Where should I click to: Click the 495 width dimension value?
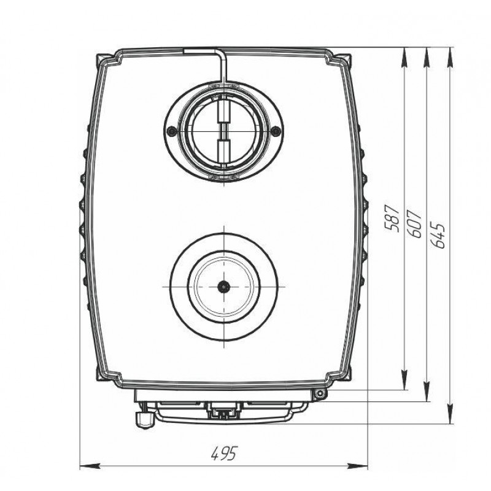pyautogui.click(x=224, y=453)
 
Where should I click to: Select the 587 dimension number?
pyautogui.click(x=392, y=218)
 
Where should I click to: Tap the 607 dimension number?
pyautogui.click(x=414, y=224)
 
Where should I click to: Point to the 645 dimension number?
pyautogui.click(x=438, y=235)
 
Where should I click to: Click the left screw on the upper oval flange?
pyautogui.click(x=171, y=131)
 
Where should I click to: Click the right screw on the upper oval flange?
pyautogui.click(x=275, y=130)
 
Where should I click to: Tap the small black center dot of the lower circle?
pyautogui.click(x=223, y=286)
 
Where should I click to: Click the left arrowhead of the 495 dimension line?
pyautogui.click(x=90, y=466)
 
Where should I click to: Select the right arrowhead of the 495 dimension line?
pyautogui.click(x=358, y=466)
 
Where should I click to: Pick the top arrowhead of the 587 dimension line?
pyautogui.click(x=404, y=58)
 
